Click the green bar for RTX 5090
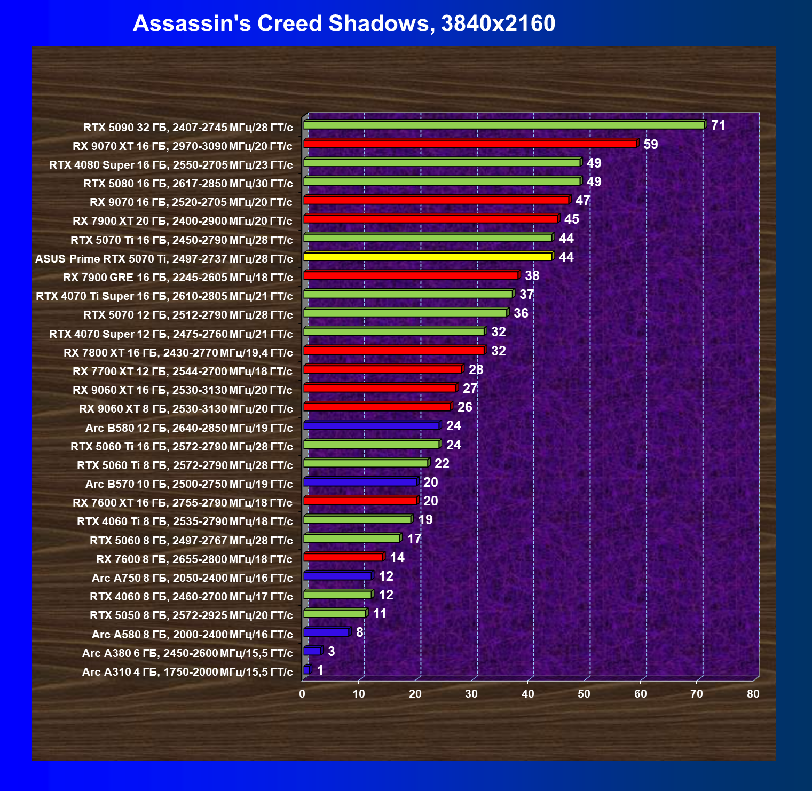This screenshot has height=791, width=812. point(504,125)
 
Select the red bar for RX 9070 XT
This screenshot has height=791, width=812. point(470,144)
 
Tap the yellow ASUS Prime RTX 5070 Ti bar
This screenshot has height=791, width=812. point(427,257)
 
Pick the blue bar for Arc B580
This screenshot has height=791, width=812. point(371,425)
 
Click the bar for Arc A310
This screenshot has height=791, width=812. point(306,670)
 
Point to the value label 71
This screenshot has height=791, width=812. point(718,125)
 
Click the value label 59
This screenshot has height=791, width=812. point(651,144)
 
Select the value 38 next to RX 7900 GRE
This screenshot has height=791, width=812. point(532,275)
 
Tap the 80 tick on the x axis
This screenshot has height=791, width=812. point(753,694)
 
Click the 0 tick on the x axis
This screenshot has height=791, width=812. point(303,694)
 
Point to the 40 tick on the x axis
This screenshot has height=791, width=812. point(527,694)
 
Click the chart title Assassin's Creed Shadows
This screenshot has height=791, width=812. point(344,23)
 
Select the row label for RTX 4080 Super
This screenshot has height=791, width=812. point(171,165)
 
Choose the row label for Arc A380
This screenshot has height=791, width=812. point(187,653)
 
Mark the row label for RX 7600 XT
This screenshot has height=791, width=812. point(183,503)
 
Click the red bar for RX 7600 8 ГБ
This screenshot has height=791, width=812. point(343,557)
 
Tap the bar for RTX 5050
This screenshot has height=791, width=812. point(335,613)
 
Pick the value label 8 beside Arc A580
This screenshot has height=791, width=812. point(360,632)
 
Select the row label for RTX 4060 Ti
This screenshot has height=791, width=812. point(185,521)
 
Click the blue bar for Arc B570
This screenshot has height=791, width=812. point(360,482)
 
